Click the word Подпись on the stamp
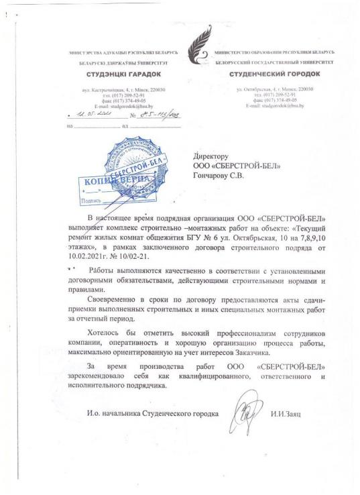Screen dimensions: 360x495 click(89, 201)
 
